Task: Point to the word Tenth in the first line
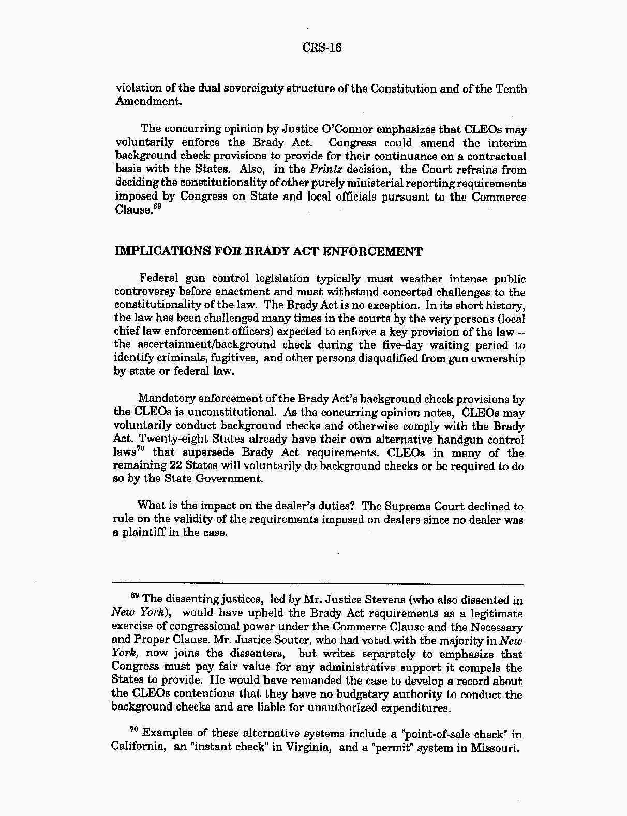pyautogui.click(x=511, y=88)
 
